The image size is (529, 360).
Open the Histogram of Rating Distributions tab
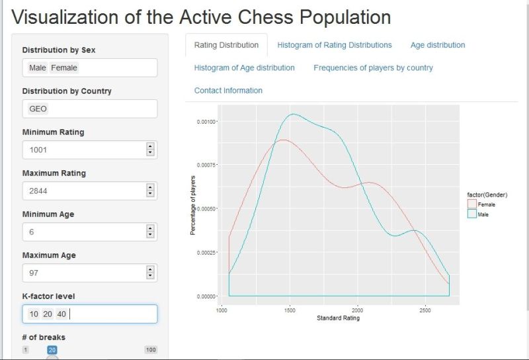click(x=334, y=45)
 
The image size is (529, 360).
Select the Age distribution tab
click(x=437, y=45)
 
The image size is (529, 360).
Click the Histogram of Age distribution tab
click(x=244, y=67)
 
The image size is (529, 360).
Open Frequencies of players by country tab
click(x=373, y=67)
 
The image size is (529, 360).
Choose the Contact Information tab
click(x=228, y=90)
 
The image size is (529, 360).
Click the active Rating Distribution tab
click(x=226, y=45)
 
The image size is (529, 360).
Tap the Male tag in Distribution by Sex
click(x=38, y=67)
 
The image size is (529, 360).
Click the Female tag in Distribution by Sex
click(x=64, y=67)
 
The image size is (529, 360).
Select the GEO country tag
click(x=38, y=109)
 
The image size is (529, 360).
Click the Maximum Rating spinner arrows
click(x=150, y=191)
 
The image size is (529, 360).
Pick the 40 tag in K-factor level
click(x=61, y=314)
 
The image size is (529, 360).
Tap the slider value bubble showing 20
click(x=52, y=349)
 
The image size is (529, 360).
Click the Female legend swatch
click(x=471, y=204)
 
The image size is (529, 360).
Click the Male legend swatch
click(x=471, y=214)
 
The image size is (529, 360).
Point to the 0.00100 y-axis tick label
click(x=206, y=121)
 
